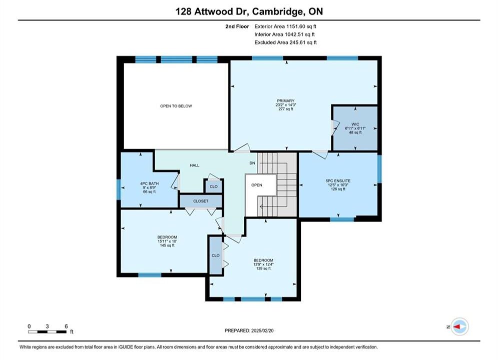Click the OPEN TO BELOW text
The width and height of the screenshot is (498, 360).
click(176, 106)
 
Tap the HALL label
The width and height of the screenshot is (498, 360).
click(195, 165)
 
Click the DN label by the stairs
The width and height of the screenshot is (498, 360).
click(252, 163)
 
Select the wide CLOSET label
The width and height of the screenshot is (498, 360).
click(201, 201)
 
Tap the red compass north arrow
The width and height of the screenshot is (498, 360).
click(457, 326)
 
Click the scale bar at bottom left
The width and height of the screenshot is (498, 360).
click(48, 332)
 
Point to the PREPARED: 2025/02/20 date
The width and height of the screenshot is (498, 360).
click(249, 330)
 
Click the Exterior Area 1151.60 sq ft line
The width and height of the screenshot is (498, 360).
click(285, 26)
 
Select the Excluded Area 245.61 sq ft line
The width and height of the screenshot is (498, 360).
click(285, 42)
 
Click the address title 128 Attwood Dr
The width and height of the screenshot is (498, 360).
click(213, 11)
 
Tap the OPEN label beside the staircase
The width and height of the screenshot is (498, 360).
click(257, 185)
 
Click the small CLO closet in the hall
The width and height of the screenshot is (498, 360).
click(214, 187)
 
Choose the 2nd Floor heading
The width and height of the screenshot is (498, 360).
click(237, 26)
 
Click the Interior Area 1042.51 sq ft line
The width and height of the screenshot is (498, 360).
click(285, 34)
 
